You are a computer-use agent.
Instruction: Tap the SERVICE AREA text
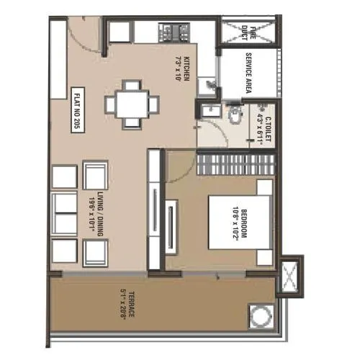click(x=249, y=70)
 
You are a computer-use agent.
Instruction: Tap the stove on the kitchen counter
click(x=172, y=31)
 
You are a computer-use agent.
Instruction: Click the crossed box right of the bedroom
click(x=291, y=276)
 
